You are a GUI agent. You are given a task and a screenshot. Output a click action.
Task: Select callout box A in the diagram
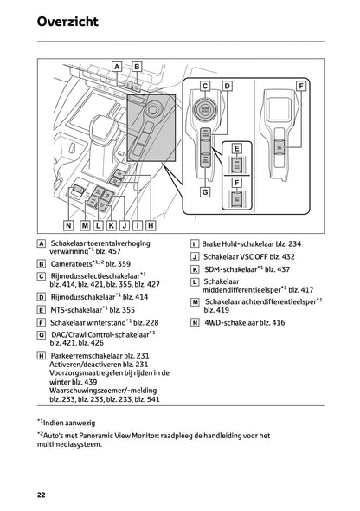[x=117, y=66]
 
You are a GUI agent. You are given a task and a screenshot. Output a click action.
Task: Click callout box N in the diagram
[x=69, y=223]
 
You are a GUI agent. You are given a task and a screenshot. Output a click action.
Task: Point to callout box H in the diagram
[x=151, y=223]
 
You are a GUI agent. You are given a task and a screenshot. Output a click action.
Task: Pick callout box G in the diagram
[x=205, y=192]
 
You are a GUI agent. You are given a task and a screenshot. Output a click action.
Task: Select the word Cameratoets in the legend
[x=71, y=263]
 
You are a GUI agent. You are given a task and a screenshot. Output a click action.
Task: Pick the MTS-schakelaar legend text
[x=74, y=308]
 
